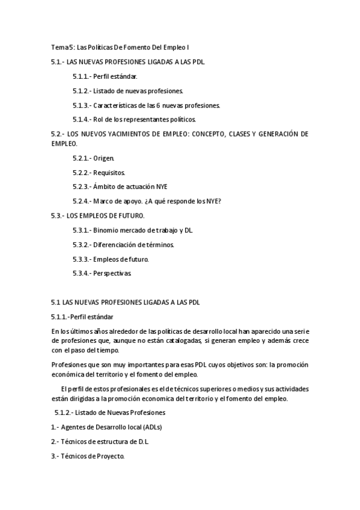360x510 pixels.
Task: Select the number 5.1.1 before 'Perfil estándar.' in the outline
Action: point(81,76)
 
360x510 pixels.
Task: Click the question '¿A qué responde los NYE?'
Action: point(195,201)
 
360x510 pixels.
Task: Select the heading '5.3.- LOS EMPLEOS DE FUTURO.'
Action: point(97,215)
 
